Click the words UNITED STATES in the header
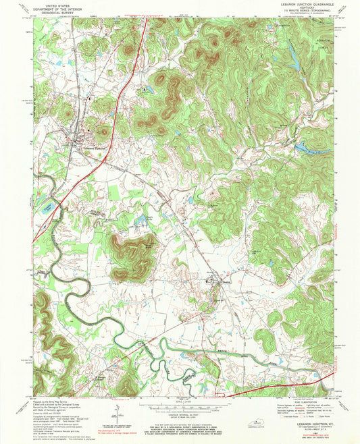point(58,4)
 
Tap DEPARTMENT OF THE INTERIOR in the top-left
point(58,7)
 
